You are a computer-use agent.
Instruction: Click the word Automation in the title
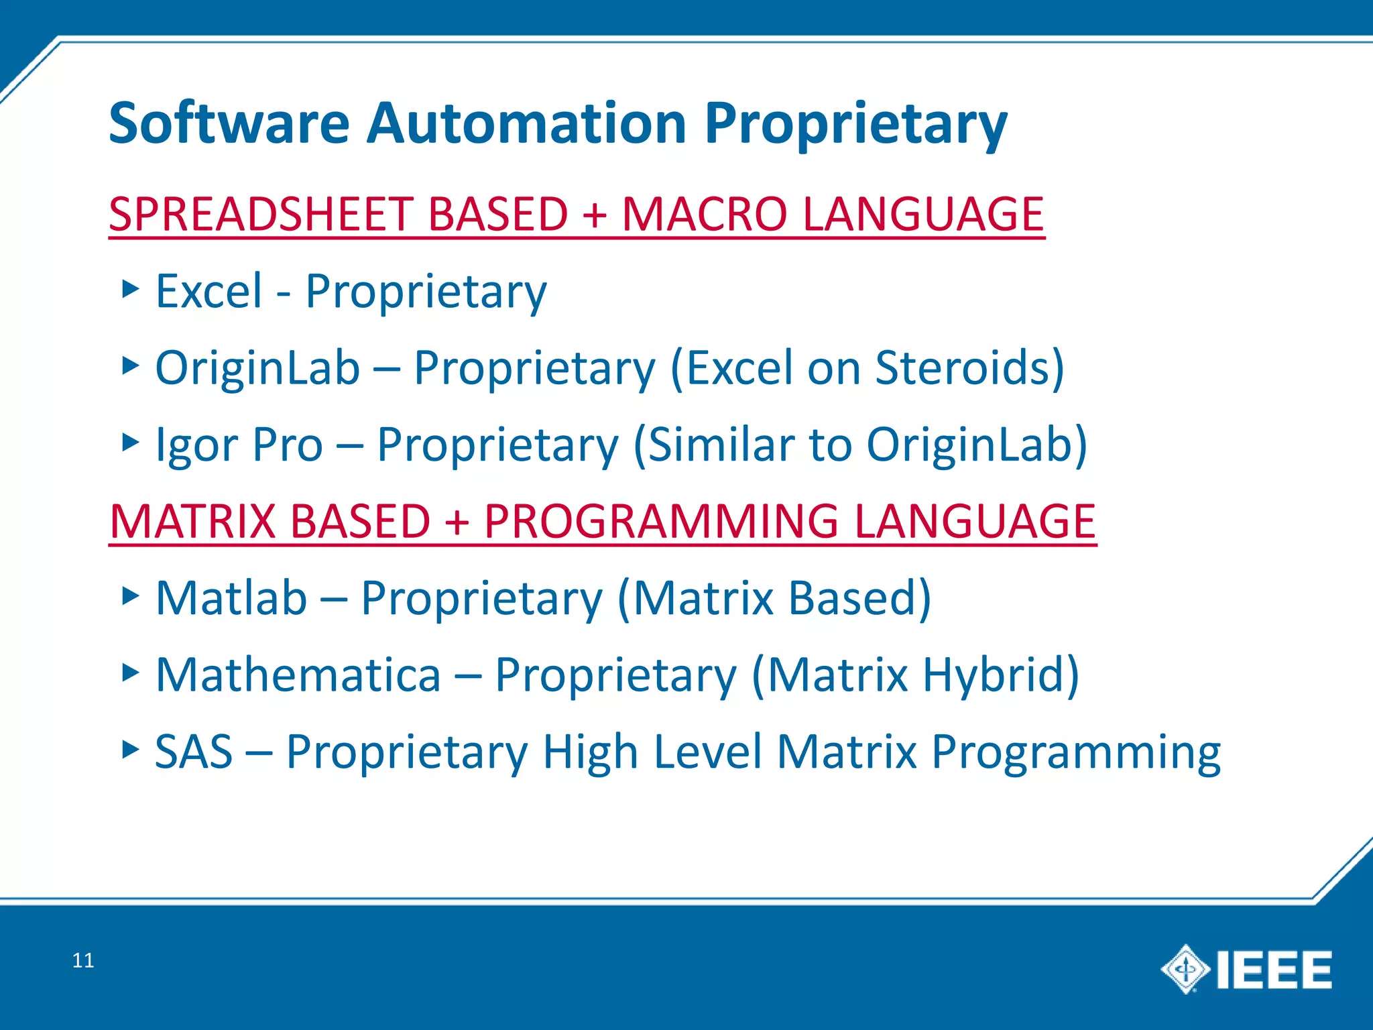point(526,123)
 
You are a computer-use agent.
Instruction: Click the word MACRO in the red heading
point(704,215)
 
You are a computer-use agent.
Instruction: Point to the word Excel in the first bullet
point(208,292)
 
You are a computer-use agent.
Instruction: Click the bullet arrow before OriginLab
point(131,366)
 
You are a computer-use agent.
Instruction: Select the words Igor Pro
point(239,445)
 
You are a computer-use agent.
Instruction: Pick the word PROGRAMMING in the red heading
point(661,522)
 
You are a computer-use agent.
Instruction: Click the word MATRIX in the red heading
point(194,522)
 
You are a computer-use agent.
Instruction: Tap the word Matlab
point(231,598)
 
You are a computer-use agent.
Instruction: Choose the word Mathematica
point(298,675)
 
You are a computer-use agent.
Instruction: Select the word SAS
point(194,752)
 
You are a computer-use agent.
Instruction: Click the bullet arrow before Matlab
point(131,595)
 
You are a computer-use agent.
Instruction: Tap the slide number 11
point(82,961)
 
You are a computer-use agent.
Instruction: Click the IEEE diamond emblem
point(1185,969)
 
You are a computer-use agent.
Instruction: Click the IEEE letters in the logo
point(1274,970)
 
